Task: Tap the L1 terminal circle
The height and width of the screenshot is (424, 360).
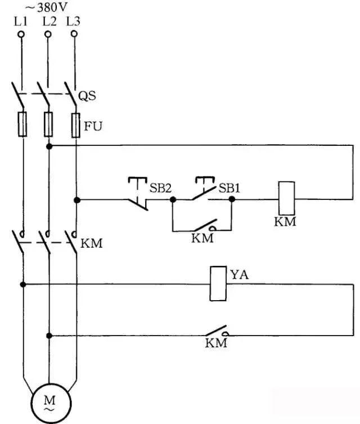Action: [x=21, y=34]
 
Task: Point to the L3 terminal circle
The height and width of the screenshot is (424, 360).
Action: [x=74, y=34]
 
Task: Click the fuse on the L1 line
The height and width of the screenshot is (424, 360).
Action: [x=22, y=124]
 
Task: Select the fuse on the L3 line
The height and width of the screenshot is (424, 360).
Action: [x=75, y=125]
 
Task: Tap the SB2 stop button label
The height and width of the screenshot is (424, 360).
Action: [x=160, y=188]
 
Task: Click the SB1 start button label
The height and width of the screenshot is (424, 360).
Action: [x=229, y=188]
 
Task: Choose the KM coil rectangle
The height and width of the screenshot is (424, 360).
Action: [x=287, y=199]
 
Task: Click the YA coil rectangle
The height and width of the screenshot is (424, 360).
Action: [x=218, y=284]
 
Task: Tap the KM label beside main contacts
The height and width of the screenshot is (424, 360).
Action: [x=92, y=244]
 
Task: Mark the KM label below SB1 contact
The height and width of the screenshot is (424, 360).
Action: [x=202, y=238]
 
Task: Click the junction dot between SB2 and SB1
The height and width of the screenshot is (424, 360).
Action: [x=173, y=199]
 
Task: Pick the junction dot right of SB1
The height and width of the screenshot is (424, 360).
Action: [x=232, y=199]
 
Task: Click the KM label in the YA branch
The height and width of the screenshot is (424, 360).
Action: [x=215, y=343]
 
